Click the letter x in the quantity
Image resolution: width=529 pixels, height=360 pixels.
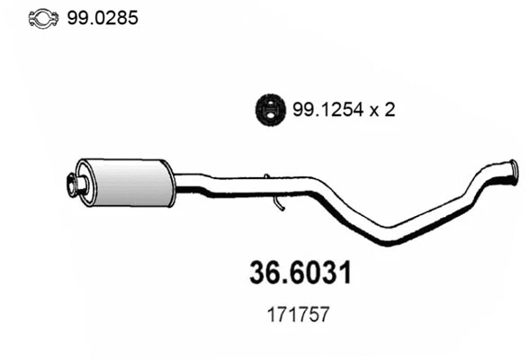372,110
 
